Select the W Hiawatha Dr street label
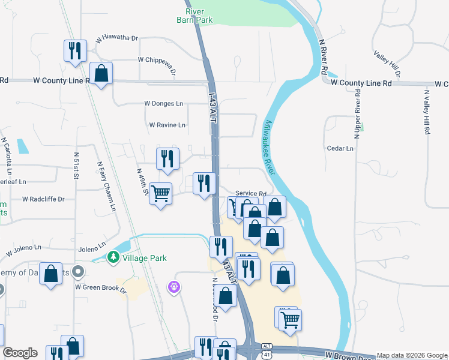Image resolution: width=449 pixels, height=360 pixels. pos(116,38)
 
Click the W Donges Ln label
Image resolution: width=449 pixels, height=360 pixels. pos(163,103)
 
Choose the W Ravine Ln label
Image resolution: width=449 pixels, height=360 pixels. pos(167,125)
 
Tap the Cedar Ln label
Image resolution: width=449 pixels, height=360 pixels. pos(340,148)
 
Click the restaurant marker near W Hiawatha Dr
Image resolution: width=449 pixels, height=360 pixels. pos(74,50)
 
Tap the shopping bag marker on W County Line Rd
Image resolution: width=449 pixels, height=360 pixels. pos(101,74)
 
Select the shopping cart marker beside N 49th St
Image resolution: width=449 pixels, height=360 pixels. pos(160,194)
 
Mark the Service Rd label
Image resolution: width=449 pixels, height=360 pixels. pos(250,193)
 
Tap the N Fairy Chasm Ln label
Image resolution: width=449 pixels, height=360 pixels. pos(106,187)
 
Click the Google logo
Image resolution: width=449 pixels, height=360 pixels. pos(20,353)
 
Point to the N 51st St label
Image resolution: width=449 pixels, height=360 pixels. pos(76,170)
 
